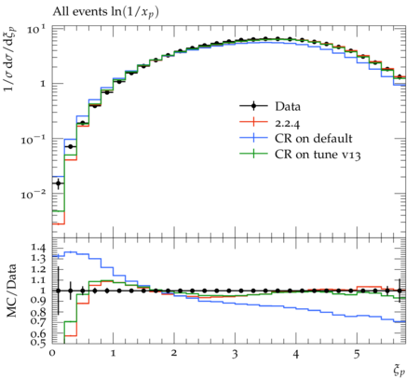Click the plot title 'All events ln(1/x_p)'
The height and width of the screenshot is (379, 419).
[x=105, y=12]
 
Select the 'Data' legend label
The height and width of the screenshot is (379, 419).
[x=288, y=106]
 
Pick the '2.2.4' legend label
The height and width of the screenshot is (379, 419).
[x=288, y=124]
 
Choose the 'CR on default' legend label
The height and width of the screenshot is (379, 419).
[x=314, y=139]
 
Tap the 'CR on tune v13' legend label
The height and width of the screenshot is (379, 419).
[x=318, y=155]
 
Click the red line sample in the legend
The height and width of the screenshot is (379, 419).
[x=253, y=122]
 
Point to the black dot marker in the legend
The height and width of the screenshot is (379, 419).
[x=253, y=106]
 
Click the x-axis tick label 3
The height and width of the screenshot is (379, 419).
[x=235, y=354]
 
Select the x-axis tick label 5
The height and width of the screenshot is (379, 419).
[x=357, y=354]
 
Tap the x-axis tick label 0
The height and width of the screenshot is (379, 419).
[x=52, y=354]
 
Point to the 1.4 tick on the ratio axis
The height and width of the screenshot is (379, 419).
[x=38, y=248]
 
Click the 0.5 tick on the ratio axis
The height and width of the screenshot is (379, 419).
[x=38, y=343]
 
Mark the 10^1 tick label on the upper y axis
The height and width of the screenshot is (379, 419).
[x=36, y=29]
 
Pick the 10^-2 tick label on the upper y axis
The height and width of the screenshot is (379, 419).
[x=34, y=194]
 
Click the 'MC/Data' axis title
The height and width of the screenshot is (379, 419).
[x=11, y=291]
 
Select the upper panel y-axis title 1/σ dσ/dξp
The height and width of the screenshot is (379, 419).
[x=10, y=59]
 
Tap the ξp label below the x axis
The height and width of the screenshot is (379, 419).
[x=399, y=371]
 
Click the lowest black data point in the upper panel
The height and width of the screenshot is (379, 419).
[x=59, y=183]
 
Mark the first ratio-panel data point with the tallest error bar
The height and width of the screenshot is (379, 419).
[x=59, y=291]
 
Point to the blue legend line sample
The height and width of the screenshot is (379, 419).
[x=253, y=138]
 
